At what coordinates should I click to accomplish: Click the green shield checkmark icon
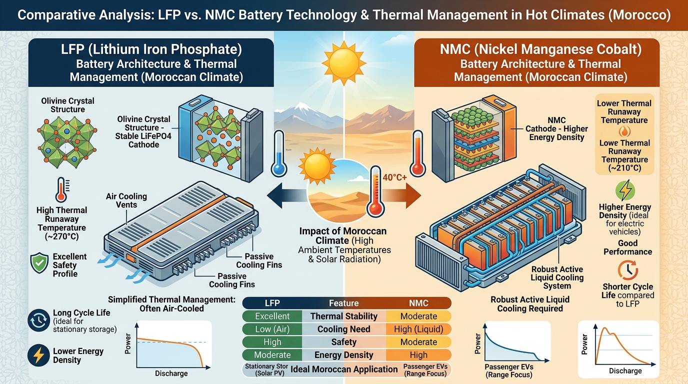coord(39,263)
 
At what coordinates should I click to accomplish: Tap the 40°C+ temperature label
coord(394,177)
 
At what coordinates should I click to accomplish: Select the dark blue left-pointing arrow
coord(287,195)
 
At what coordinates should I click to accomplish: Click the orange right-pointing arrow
coord(401,195)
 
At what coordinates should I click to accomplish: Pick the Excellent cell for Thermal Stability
coord(272,316)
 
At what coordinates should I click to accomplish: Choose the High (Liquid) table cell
coord(418,329)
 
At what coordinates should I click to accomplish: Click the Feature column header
coord(343,303)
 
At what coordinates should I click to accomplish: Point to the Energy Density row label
coord(343,355)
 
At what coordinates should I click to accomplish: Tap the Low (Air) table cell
coord(272,329)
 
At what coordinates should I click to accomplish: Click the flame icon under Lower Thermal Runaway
coord(624,131)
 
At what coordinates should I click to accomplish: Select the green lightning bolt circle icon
coord(625,190)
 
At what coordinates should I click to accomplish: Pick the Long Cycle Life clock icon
coord(38,320)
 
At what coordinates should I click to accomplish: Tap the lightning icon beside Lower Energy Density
coord(38,355)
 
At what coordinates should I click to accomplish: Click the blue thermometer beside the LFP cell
coord(279,153)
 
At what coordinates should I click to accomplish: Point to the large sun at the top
coord(344,63)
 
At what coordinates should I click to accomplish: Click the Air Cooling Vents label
coord(126,200)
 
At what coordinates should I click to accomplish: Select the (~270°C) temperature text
coord(61,236)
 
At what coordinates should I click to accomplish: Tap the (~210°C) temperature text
coord(624,168)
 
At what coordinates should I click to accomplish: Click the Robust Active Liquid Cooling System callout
coord(557,277)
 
